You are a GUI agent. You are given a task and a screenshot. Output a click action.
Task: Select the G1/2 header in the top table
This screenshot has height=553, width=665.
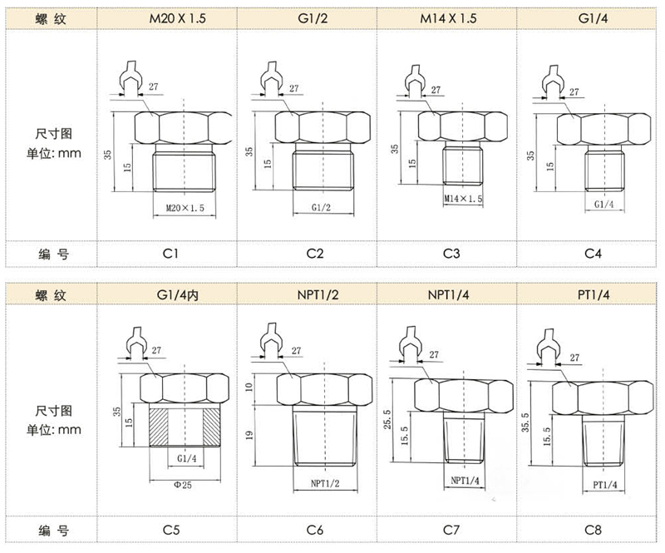tap(308, 17)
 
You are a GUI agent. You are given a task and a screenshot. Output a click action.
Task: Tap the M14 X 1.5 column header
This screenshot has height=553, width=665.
tap(448, 17)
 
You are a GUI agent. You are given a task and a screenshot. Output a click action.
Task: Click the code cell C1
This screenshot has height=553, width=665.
tap(168, 253)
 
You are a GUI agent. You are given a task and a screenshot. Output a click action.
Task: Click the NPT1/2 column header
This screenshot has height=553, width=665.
tap(308, 294)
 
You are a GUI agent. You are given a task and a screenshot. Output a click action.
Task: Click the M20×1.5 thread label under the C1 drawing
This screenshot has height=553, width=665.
tap(185, 208)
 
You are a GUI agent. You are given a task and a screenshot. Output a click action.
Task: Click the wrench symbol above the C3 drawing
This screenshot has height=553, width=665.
tap(413, 80)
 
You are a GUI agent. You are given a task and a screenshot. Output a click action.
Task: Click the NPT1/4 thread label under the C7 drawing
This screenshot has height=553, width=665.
tap(467, 481)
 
